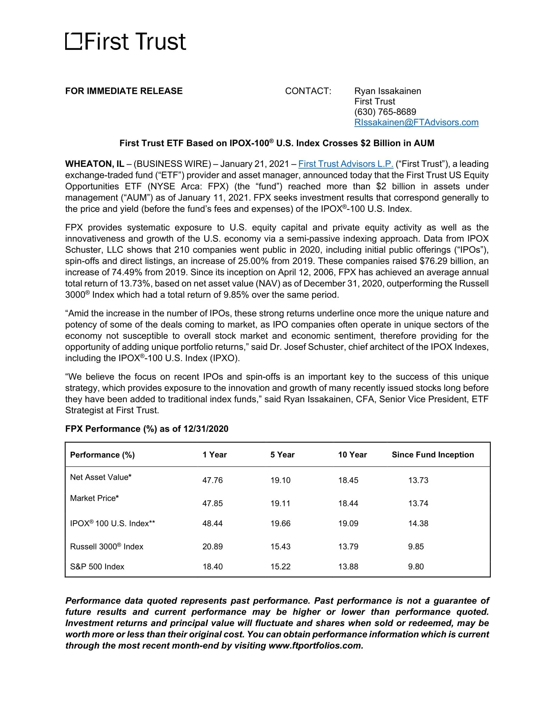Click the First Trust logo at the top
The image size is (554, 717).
point(125,42)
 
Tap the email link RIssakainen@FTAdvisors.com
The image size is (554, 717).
point(416,123)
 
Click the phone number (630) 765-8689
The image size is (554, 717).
point(385,112)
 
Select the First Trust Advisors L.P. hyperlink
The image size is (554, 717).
point(345,164)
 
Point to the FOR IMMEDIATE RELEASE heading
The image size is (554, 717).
point(124,91)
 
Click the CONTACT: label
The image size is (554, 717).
point(308,91)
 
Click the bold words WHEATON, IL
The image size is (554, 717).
point(95,164)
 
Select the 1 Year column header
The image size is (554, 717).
point(215,455)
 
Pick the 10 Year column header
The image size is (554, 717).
point(352,455)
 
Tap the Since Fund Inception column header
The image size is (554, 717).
point(432,455)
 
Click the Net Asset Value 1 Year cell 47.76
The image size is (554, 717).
point(212,480)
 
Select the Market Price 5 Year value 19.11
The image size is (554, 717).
point(280,503)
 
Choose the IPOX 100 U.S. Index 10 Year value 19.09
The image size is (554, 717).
point(348,523)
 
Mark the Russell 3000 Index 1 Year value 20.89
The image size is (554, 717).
point(212,547)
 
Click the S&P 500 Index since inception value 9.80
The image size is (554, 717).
point(416,567)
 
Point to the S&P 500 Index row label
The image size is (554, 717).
point(97,567)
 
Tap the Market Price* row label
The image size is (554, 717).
point(94,498)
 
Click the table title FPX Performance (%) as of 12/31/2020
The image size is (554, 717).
point(147,429)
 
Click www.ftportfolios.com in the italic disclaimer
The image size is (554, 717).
point(315,646)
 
